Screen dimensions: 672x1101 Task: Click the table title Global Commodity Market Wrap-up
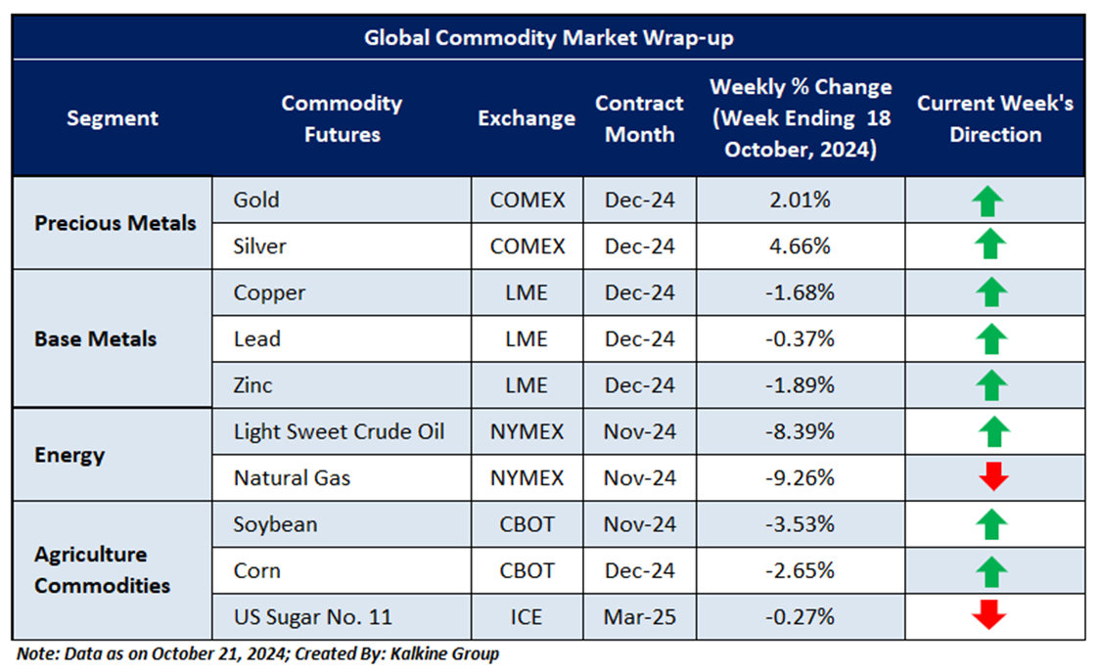point(549,38)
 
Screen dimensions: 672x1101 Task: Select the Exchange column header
point(527,118)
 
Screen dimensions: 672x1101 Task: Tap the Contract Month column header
point(639,118)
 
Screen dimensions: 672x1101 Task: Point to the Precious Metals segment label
point(115,223)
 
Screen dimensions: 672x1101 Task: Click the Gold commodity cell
point(256,201)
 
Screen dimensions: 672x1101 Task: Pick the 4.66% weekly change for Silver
point(802,246)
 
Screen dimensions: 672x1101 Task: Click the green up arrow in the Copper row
point(990,292)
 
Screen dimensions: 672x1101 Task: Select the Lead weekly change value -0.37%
point(802,339)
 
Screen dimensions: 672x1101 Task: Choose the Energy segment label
point(69,455)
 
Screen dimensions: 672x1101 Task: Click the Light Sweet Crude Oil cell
point(339,432)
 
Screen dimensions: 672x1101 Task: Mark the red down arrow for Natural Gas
point(991,477)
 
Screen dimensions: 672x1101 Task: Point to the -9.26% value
point(802,478)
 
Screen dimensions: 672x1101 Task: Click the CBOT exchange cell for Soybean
point(527,524)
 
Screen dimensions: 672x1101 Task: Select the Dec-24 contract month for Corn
point(639,570)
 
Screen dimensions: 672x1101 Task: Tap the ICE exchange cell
point(527,617)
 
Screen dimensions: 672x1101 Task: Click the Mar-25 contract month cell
point(639,617)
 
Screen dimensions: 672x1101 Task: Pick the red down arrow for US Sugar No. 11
point(990,616)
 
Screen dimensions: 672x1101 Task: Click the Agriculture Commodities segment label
point(102,570)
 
